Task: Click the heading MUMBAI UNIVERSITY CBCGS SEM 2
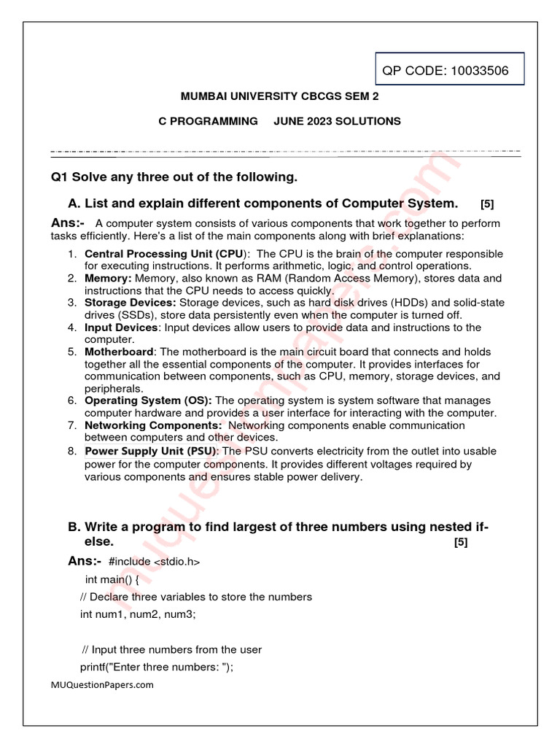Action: coord(279,96)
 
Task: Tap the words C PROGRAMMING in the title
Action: coord(208,121)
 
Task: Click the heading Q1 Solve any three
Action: coord(174,177)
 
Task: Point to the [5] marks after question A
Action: coord(487,204)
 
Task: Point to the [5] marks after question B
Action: coord(460,542)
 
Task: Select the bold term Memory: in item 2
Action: coord(109,279)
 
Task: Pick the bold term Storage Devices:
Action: coord(131,303)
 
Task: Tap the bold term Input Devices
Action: coord(121,328)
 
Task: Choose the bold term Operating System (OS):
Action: coord(149,400)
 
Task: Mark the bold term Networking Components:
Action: coord(154,425)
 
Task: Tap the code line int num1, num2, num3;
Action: coord(138,614)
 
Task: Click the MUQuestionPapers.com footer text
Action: coord(102,685)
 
